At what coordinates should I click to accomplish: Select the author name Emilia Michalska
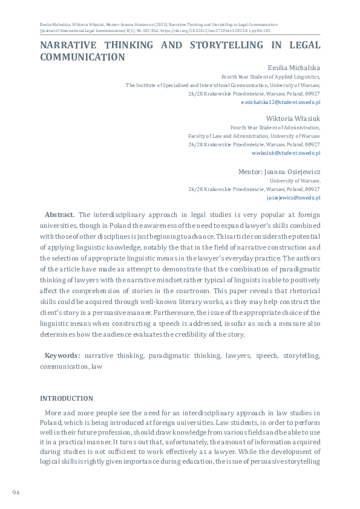pyautogui.click(x=293, y=68)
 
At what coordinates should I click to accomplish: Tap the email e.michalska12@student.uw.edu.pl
pyautogui.click(x=280, y=103)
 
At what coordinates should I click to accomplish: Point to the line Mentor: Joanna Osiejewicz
pyautogui.click(x=279, y=172)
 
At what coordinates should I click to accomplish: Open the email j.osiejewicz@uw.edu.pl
pyautogui.click(x=293, y=198)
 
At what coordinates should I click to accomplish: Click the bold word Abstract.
pyautogui.click(x=60, y=215)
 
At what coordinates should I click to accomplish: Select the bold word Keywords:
pyautogui.click(x=62, y=356)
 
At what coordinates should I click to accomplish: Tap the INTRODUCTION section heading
pyautogui.click(x=67, y=398)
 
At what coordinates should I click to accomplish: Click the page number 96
pyautogui.click(x=16, y=493)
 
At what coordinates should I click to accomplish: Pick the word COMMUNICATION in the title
pyautogui.click(x=82, y=57)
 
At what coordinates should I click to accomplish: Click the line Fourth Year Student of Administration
pyautogui.click(x=275, y=128)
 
